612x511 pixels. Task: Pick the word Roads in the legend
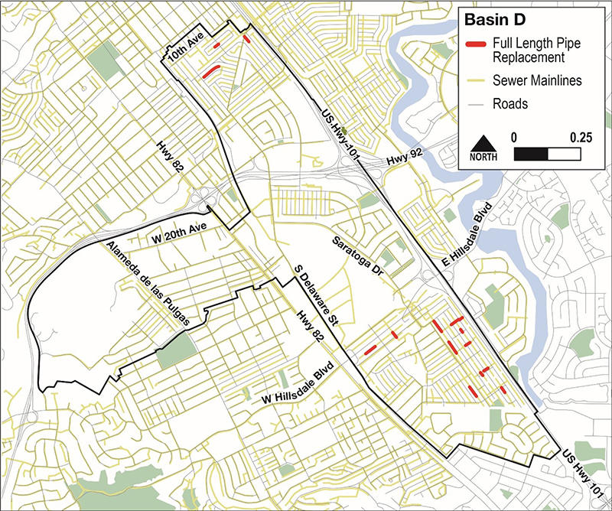click(x=510, y=103)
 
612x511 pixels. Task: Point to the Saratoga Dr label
click(x=360, y=256)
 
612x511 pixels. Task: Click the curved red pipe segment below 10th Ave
click(x=210, y=72)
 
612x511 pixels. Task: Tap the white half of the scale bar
click(x=562, y=154)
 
